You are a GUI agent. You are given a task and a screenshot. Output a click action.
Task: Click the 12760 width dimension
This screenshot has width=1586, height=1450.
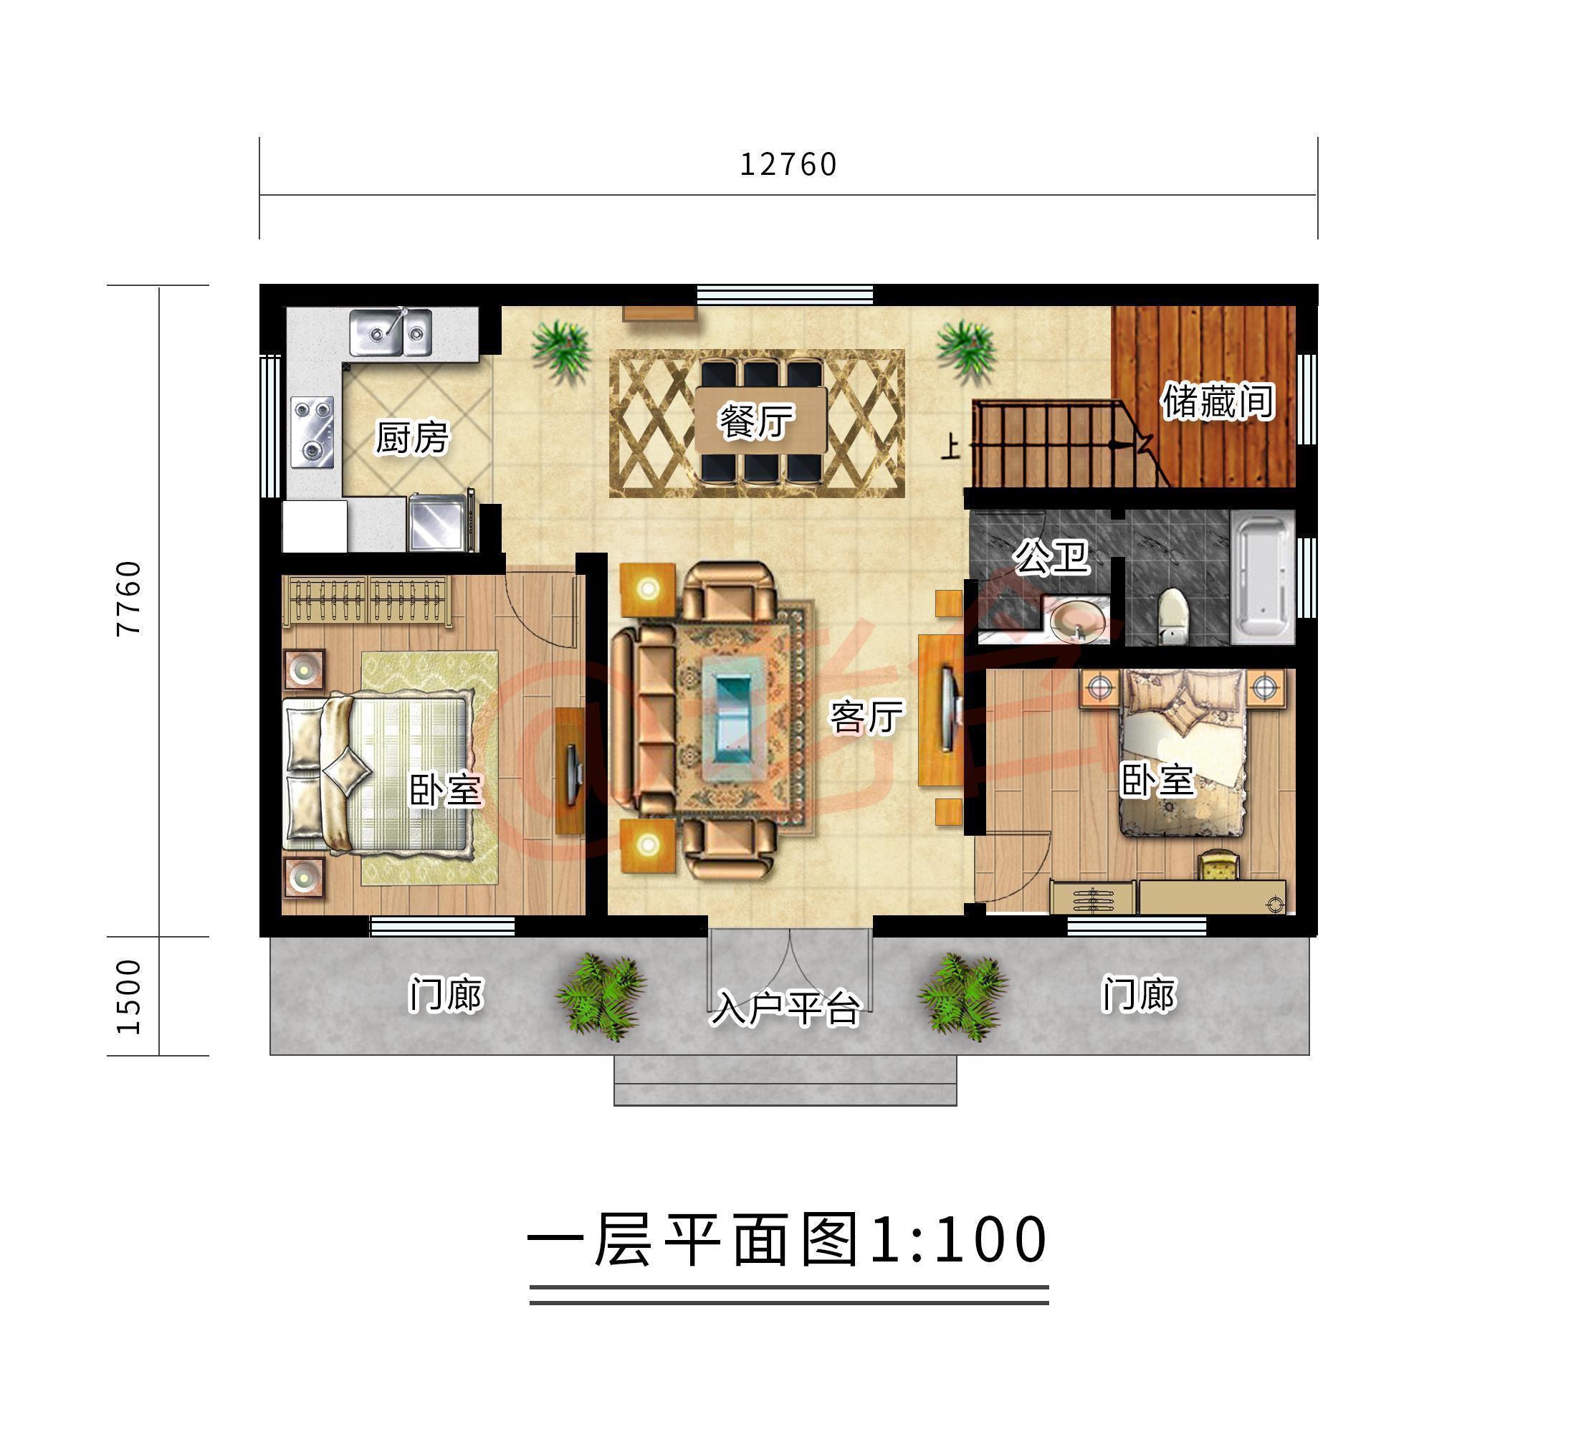click(x=788, y=164)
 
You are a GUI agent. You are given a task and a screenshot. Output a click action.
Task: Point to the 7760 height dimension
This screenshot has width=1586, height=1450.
click(x=128, y=598)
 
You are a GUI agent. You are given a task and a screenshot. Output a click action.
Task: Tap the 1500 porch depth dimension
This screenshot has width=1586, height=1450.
click(x=128, y=996)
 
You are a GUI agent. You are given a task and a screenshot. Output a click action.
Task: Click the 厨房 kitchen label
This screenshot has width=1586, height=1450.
click(x=411, y=437)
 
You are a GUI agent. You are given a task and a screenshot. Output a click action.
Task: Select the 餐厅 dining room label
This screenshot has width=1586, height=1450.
click(x=756, y=421)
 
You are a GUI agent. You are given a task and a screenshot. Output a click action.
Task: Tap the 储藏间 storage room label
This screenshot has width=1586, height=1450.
click(x=1217, y=401)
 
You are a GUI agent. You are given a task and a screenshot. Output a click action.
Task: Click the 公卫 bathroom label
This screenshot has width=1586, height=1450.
click(x=1051, y=558)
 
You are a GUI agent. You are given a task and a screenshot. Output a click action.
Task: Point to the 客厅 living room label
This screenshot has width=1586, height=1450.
click(x=866, y=717)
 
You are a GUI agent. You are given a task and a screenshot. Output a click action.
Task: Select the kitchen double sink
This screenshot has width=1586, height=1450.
click(x=391, y=332)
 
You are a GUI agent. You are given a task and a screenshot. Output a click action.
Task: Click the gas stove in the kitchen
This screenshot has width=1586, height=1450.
click(x=312, y=431)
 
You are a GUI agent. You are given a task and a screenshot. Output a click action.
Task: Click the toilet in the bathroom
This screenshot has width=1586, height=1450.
click(x=1173, y=614)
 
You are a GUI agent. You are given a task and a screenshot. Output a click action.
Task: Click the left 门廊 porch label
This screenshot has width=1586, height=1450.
click(x=445, y=994)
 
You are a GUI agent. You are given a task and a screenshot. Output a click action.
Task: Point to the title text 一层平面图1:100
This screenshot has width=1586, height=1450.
click(x=788, y=1241)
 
